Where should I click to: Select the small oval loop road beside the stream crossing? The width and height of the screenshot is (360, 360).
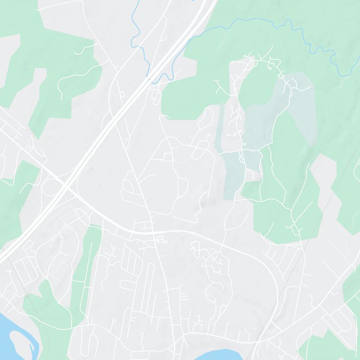pos(156,95)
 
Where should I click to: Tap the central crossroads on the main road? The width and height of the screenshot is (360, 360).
pos(153,232)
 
